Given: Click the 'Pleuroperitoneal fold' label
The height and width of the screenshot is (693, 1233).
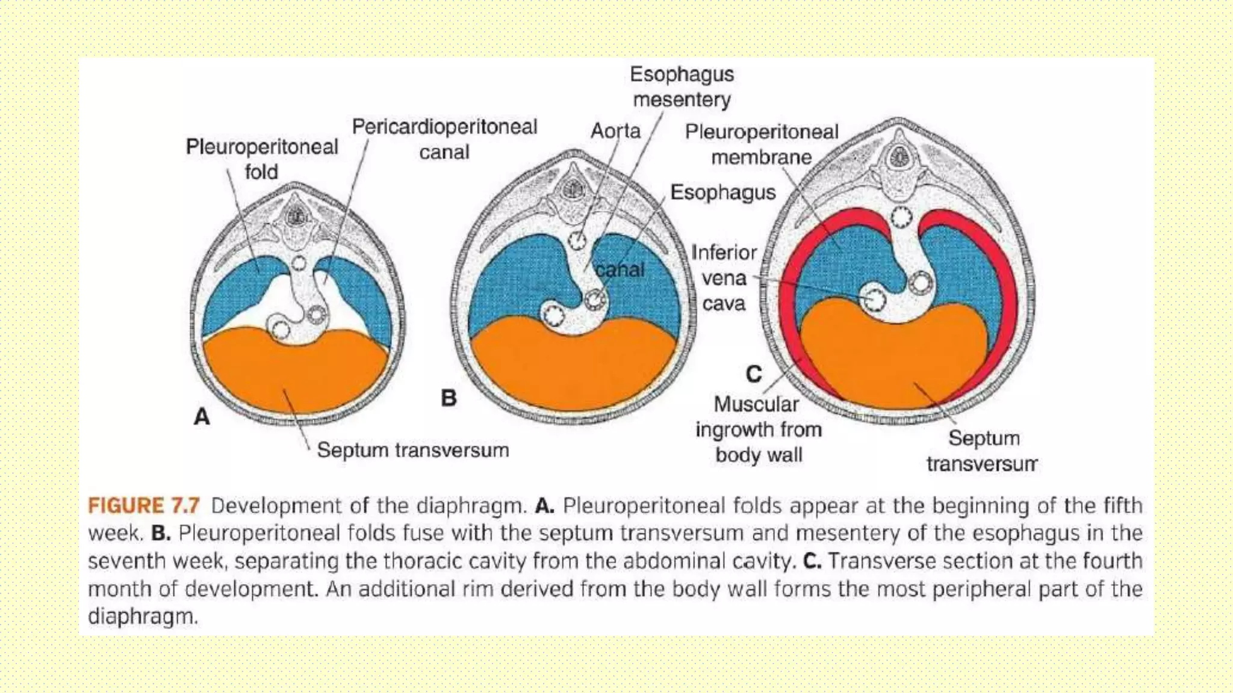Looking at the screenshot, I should tap(261, 159).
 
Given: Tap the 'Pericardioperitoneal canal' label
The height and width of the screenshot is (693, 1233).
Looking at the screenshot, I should tap(444, 139).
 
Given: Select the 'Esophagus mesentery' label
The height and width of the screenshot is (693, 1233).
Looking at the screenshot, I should tap(682, 87).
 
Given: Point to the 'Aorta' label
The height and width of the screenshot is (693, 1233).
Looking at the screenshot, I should tap(615, 131).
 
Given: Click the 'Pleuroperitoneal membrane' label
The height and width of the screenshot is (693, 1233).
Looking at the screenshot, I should tap(761, 144).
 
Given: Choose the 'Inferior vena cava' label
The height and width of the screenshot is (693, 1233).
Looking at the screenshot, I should tap(724, 278).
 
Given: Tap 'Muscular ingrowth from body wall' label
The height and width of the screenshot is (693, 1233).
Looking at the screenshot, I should tap(758, 429).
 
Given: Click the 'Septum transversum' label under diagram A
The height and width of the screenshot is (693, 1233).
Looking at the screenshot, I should tap(412, 450).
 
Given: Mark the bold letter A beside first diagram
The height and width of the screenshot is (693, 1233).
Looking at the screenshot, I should tap(202, 416).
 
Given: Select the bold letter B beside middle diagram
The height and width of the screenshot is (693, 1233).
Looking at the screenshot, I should tap(449, 398).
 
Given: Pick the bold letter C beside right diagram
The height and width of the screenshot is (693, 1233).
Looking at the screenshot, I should tap(754, 374).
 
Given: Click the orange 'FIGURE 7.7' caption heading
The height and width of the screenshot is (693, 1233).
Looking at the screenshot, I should tap(143, 505).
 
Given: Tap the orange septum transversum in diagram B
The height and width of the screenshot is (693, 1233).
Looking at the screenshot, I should tap(572, 367).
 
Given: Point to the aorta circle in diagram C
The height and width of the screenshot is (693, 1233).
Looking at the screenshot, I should tap(901, 217).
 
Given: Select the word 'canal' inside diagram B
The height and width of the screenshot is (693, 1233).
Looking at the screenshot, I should tap(620, 270).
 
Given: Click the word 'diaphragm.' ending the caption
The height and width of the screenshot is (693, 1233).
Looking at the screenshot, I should tap(143, 616).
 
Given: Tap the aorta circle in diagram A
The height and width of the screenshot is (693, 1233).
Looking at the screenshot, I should tap(299, 263).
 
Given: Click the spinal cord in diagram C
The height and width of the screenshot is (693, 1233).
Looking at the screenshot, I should tap(899, 158).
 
